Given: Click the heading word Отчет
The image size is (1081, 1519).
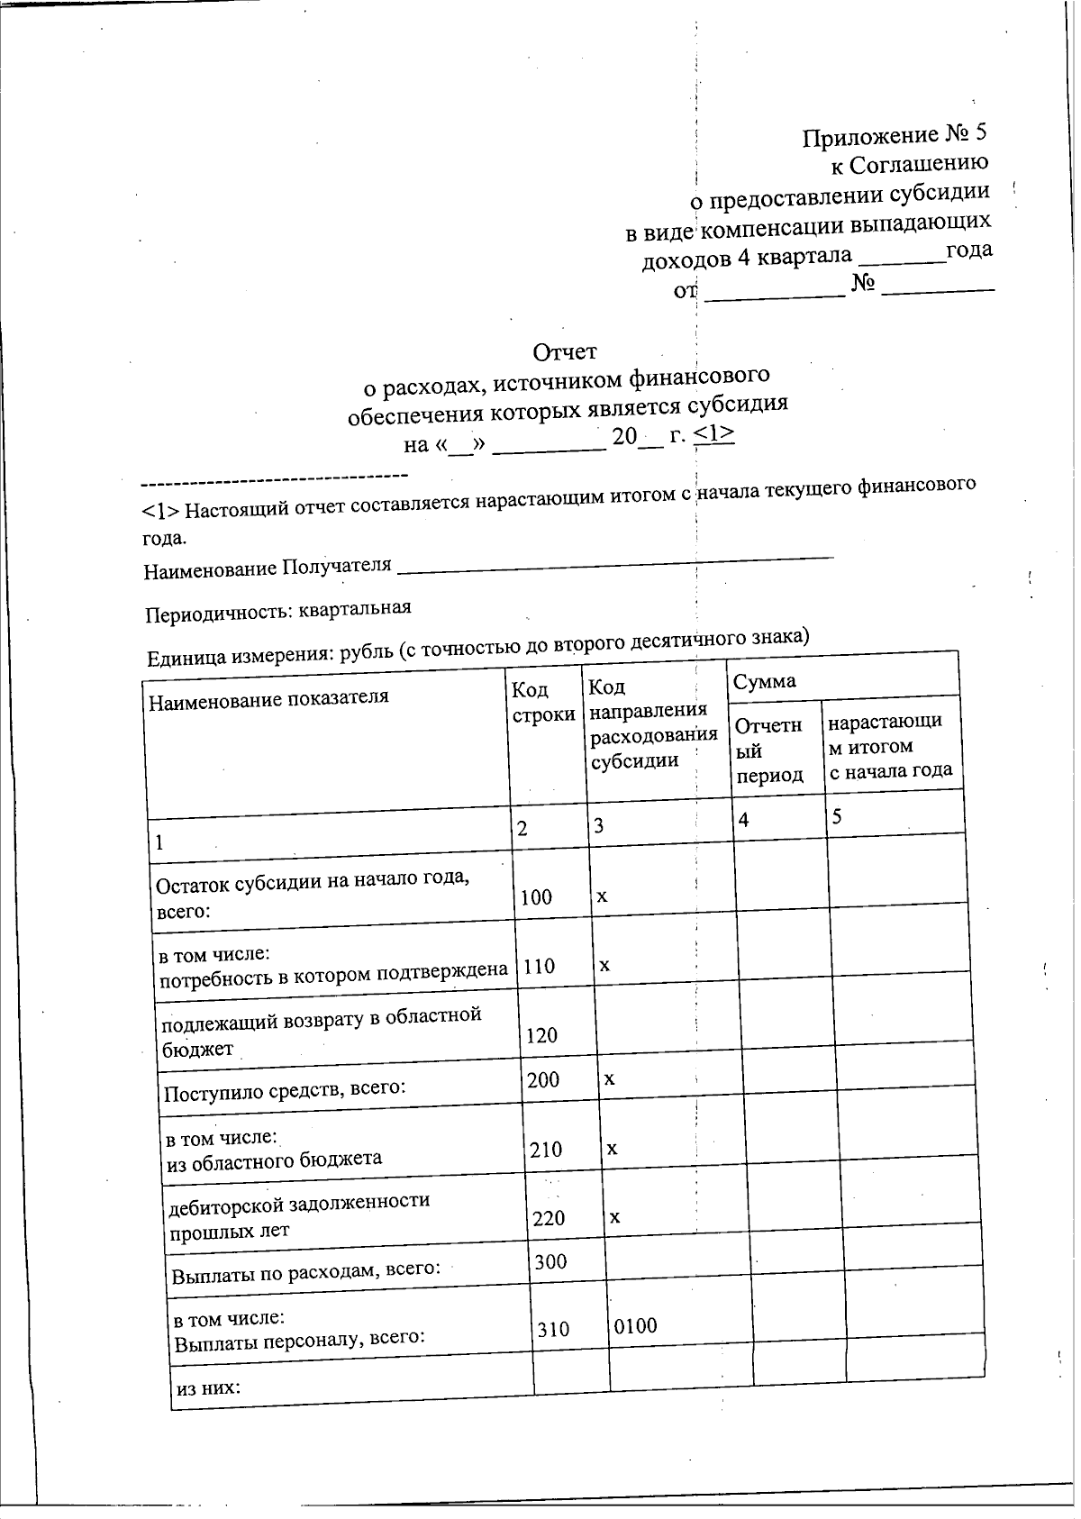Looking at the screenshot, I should point(565,350).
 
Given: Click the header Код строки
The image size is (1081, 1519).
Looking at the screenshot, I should point(542,702).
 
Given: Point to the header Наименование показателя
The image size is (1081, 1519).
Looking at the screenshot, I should point(268,698).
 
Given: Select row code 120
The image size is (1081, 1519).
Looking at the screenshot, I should point(541,1035).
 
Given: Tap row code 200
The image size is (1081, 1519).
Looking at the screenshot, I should point(543,1079).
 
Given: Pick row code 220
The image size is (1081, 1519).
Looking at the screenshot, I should point(549,1218).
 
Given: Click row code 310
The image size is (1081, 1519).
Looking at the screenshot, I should point(553,1329).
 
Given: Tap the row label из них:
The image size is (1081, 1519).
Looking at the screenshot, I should point(208,1388).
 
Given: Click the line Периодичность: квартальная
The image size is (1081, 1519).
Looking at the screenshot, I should point(278,610).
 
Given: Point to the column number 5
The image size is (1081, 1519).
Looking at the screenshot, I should point(837,816).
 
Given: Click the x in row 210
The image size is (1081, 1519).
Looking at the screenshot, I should point(612,1149).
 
